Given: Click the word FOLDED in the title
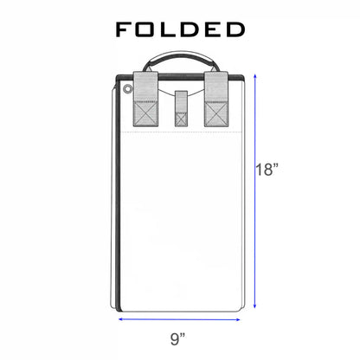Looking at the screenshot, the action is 180,29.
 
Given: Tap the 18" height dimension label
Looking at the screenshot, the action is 267,170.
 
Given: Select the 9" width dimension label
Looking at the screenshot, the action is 177,338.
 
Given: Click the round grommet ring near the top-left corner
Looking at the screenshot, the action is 127,89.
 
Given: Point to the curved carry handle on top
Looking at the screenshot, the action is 182,54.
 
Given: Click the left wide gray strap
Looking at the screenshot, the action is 145,99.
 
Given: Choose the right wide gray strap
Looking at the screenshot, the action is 216,99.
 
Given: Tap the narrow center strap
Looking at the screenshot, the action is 181,108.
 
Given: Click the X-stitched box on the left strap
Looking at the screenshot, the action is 145,113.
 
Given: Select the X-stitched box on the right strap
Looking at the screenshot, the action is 216,113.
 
